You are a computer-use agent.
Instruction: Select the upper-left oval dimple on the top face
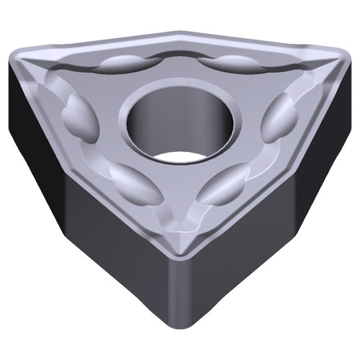123,63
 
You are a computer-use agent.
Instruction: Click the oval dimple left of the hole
78,115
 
